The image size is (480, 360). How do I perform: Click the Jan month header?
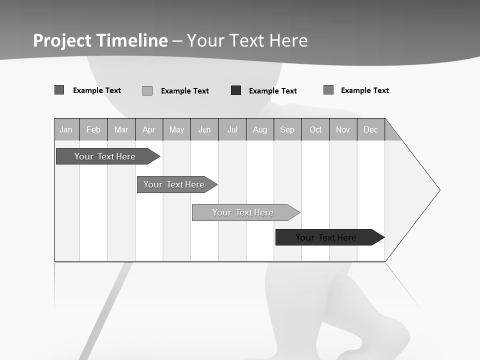[66, 129]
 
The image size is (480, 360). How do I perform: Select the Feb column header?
[93, 129]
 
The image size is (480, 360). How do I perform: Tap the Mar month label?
[121, 129]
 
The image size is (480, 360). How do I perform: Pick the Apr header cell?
[149, 129]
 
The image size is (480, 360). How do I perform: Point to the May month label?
[176, 129]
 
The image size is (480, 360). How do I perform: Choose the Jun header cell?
[204, 129]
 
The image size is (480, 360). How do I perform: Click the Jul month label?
[232, 129]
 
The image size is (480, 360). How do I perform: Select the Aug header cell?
[260, 129]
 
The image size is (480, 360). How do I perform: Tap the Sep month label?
[287, 129]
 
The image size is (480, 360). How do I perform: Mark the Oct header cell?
[315, 129]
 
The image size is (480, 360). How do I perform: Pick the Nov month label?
[343, 129]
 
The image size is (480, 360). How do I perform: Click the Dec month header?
[371, 129]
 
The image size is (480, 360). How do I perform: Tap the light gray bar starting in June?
[243, 212]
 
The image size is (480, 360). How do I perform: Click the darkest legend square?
[236, 90]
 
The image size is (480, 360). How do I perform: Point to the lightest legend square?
[147, 90]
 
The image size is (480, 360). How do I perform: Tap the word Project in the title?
[62, 40]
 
